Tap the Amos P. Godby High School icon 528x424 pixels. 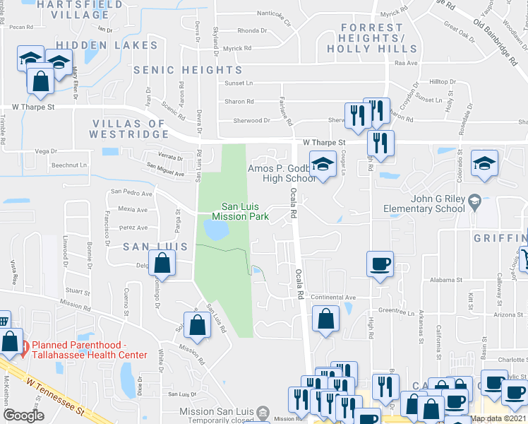click(x=323, y=165)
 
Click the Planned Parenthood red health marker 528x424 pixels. click(x=25, y=346)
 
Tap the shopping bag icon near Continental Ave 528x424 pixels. click(x=325, y=318)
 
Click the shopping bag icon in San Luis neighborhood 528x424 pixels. click(x=162, y=264)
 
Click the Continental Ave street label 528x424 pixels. click(x=333, y=298)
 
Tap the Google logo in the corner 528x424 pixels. click(x=23, y=416)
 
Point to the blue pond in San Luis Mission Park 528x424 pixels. click(x=215, y=229)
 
